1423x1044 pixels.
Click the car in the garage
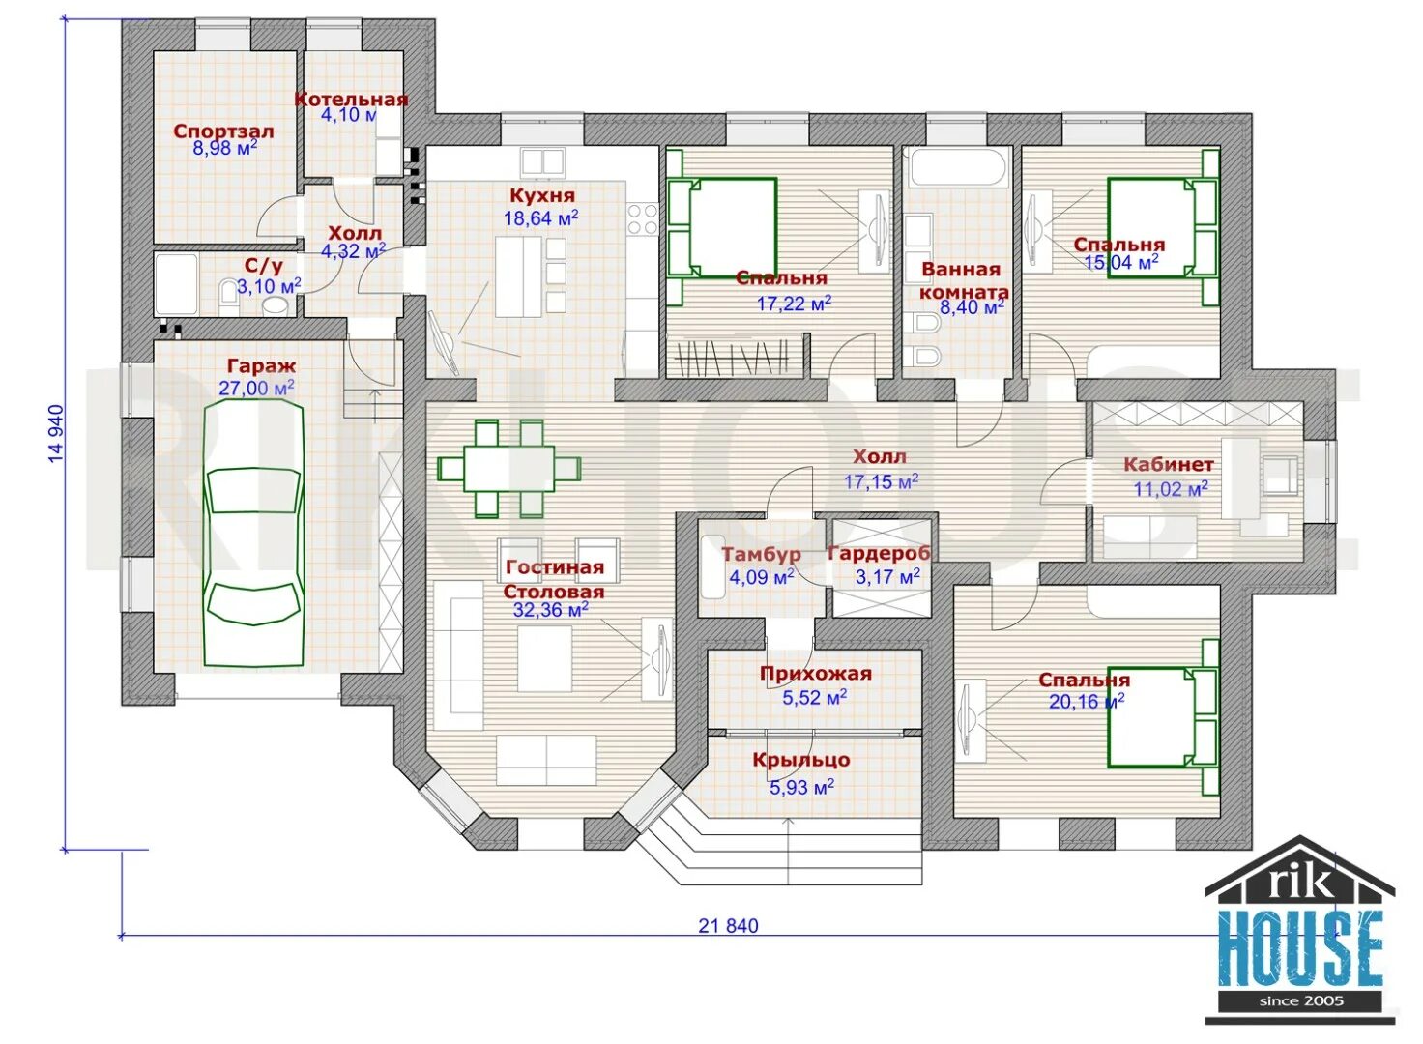tap(253, 534)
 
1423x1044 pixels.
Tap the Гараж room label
tap(261, 366)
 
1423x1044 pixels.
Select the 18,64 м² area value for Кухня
tap(540, 218)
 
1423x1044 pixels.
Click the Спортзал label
tap(223, 130)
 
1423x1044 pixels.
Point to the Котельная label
tap(351, 99)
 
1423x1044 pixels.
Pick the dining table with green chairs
tap(508, 468)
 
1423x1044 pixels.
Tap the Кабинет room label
tap(1168, 465)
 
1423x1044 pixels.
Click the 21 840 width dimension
tap(728, 926)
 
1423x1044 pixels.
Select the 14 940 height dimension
tap(56, 433)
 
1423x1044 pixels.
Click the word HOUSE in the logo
tap(1300, 948)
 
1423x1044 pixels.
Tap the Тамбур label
tap(761, 555)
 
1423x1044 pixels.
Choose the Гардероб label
tap(878, 554)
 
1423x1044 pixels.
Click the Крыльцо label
tap(801, 760)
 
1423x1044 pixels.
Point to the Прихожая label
tap(815, 674)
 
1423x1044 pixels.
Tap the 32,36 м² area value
tap(550, 610)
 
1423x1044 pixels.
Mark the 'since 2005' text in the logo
tap(1300, 1000)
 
